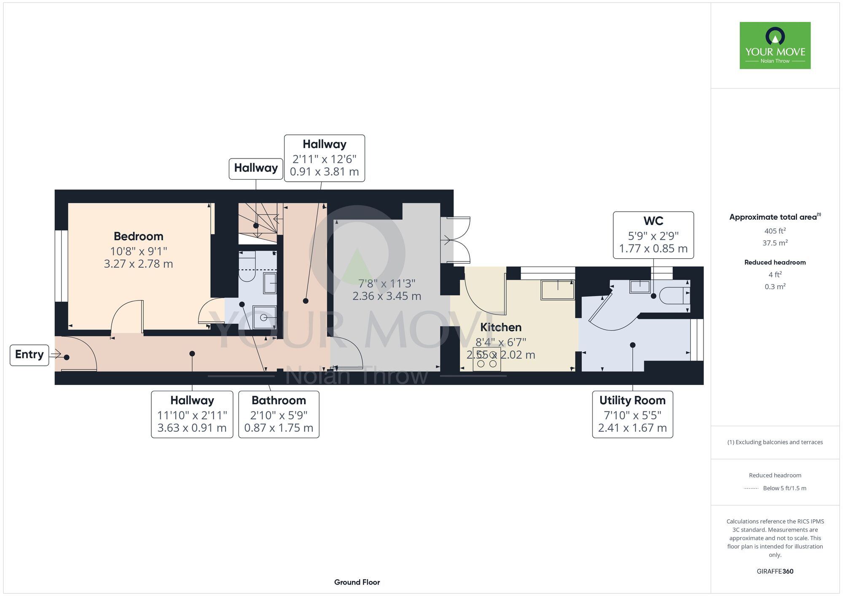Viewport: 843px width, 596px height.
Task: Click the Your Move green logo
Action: point(775,46)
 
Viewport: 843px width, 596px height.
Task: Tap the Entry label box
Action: point(30,355)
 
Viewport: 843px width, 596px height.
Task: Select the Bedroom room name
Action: point(139,236)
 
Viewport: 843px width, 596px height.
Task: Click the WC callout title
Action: point(653,221)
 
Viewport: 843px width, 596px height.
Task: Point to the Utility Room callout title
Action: point(632,400)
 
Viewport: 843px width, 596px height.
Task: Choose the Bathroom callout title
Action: point(279,400)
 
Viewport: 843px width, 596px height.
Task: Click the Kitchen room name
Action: point(501,328)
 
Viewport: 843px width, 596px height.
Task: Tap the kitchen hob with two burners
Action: point(487,360)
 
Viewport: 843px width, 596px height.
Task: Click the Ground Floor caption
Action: point(357,582)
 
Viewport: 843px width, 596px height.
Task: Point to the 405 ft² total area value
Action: point(775,231)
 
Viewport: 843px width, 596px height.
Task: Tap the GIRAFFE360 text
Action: point(775,572)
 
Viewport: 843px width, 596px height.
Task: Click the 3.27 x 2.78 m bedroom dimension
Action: point(139,264)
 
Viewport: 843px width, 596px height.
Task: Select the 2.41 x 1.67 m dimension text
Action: point(632,428)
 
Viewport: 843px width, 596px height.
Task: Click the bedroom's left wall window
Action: point(62,266)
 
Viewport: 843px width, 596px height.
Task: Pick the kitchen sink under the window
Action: point(558,290)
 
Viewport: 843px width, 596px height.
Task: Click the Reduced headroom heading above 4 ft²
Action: point(775,262)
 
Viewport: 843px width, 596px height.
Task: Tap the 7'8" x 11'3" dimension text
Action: point(387,283)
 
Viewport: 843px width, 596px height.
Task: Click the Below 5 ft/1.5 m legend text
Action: point(784,488)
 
